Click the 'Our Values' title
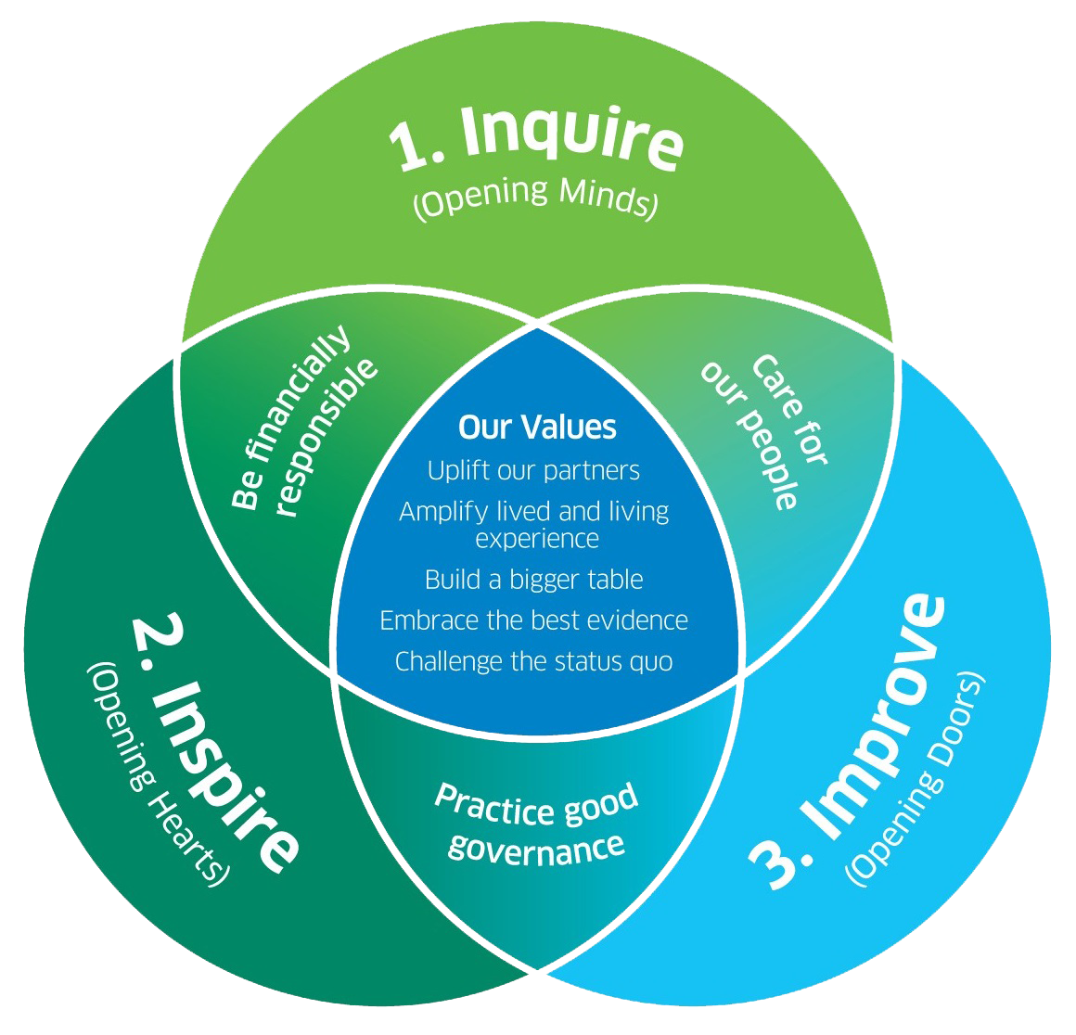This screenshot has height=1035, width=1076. coord(537,427)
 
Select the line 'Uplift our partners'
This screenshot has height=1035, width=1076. coord(533,470)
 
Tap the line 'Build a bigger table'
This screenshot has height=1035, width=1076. coord(533,580)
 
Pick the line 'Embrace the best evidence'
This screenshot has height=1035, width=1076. coord(534,620)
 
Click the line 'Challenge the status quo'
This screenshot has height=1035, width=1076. coord(533,661)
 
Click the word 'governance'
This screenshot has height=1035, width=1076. coord(535,846)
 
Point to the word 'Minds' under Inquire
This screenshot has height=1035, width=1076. coord(607,198)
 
